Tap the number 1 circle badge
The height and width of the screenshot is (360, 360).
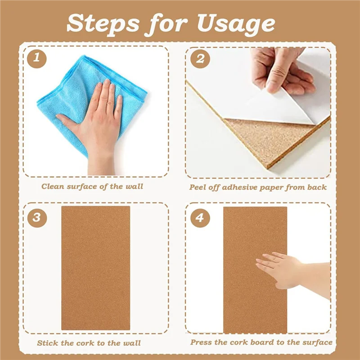tap(36, 58)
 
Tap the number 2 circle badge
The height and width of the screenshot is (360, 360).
tap(199, 58)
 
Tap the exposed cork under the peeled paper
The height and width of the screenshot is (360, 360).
tap(265, 137)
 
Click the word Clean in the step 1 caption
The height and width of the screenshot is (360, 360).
tap(53, 186)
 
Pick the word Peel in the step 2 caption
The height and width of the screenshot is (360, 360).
tap(198, 187)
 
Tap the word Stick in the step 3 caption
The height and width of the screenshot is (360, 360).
tap(48, 343)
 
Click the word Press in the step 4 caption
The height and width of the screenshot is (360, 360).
tap(201, 342)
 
